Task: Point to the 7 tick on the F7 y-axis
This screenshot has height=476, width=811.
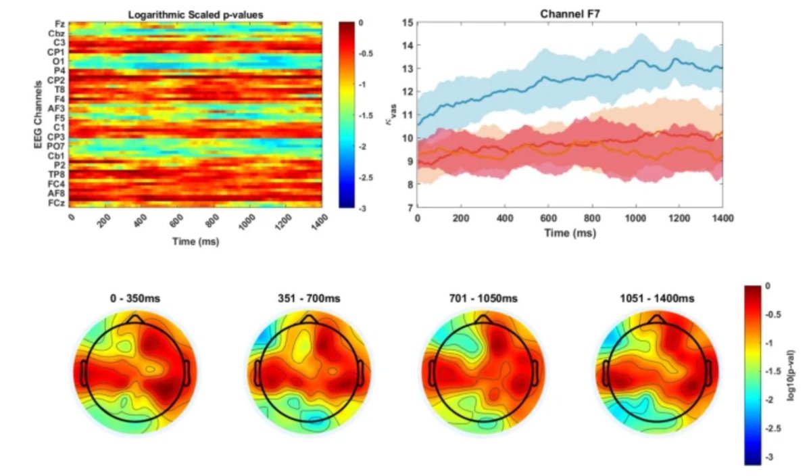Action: tap(409, 208)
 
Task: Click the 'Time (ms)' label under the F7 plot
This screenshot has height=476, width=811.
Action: tap(570, 232)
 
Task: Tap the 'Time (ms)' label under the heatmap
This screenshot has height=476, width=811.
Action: tap(195, 241)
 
